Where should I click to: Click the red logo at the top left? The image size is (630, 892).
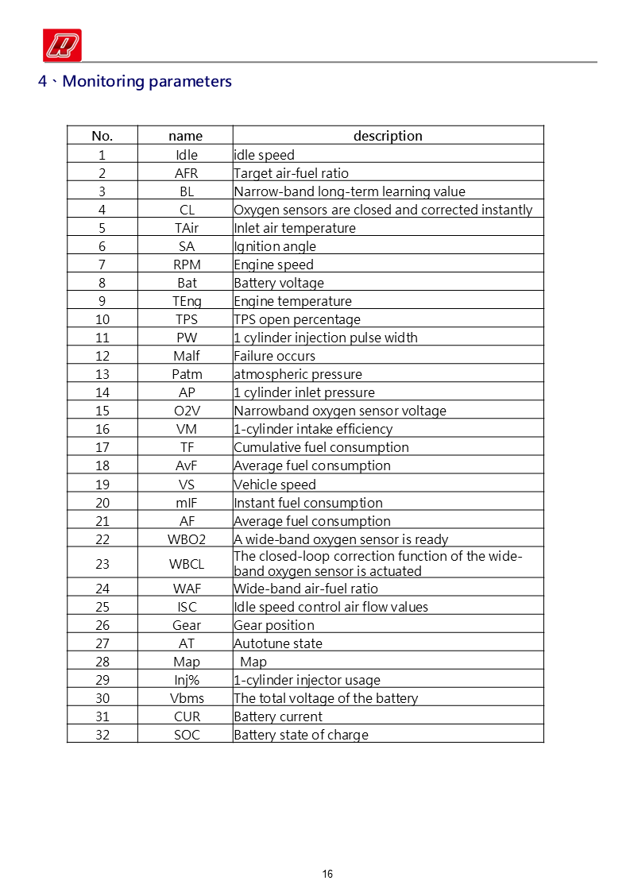(x=63, y=44)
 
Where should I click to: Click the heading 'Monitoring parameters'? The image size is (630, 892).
(x=146, y=81)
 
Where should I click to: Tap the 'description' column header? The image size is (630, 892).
(x=388, y=136)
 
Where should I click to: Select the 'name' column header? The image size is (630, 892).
(x=186, y=136)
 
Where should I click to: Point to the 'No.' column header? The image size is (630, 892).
(x=102, y=136)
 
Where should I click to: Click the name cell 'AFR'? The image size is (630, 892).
(x=187, y=173)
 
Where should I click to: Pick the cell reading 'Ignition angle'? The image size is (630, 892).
(x=275, y=246)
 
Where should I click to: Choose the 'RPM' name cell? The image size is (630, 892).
(x=187, y=265)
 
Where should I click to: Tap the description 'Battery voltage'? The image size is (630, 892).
(x=279, y=283)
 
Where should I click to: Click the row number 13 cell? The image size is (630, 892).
(x=102, y=374)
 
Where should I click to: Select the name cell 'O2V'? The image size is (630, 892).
(x=187, y=411)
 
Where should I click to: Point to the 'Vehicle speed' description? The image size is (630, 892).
(x=275, y=485)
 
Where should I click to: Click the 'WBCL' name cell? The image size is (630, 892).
(x=187, y=564)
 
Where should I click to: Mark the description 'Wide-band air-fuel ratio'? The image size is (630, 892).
(x=306, y=589)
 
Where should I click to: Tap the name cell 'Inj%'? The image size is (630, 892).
(x=187, y=680)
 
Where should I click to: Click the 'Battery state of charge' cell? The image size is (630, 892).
(x=301, y=735)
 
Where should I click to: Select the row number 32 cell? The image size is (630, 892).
(x=102, y=735)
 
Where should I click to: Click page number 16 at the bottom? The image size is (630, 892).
(x=327, y=875)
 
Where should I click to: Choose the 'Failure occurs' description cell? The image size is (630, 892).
(x=275, y=356)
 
